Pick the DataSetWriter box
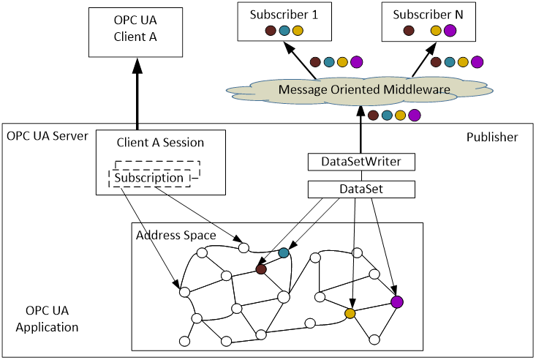pyautogui.click(x=361, y=161)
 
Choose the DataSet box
pyautogui.click(x=361, y=190)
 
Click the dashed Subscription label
pyautogui.click(x=149, y=177)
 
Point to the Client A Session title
pyautogui.click(x=160, y=142)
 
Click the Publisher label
pyautogui.click(x=491, y=137)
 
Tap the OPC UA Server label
pyautogui.click(x=47, y=136)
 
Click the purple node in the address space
pyautogui.click(x=397, y=301)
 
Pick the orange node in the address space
pyautogui.click(x=350, y=313)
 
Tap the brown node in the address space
pyautogui.click(x=260, y=269)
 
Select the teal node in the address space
pyautogui.click(x=284, y=253)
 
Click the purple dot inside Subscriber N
pyautogui.click(x=450, y=31)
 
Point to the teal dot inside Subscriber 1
pyautogui.click(x=284, y=31)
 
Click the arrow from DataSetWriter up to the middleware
pyautogui.click(x=361, y=132)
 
